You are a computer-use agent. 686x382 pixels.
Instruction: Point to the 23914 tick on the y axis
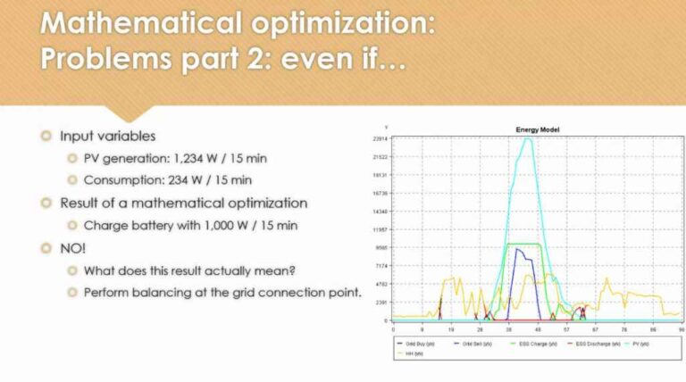click(x=379, y=138)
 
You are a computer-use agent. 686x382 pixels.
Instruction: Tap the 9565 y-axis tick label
click(x=380, y=247)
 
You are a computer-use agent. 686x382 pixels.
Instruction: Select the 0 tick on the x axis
click(x=394, y=328)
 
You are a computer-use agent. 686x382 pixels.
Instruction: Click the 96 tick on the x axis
click(x=681, y=328)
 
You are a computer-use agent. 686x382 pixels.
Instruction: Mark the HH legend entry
click(x=410, y=353)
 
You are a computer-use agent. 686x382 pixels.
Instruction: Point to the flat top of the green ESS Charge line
click(x=523, y=244)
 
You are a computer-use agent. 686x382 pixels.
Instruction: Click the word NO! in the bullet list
click(x=71, y=247)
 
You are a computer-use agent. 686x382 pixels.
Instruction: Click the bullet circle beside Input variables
click(x=46, y=136)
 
